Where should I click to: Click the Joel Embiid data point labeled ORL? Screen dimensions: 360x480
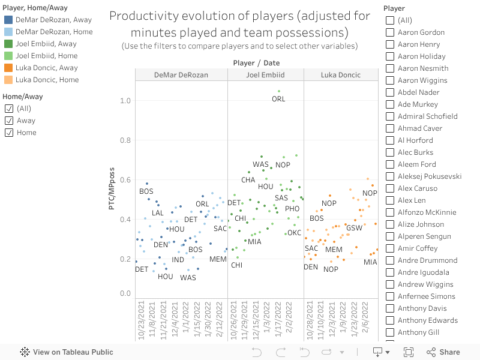(x=279, y=92)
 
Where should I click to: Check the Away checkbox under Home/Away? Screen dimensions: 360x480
(x=9, y=121)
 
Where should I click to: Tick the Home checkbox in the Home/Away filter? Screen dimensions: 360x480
(x=9, y=133)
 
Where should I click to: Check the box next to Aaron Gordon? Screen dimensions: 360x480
(x=390, y=32)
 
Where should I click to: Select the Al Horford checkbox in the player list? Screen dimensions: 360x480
(x=390, y=140)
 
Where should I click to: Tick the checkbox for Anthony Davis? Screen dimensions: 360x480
(x=390, y=308)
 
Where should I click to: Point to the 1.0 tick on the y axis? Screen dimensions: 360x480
(x=125, y=100)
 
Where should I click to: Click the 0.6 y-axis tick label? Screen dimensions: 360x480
(x=125, y=180)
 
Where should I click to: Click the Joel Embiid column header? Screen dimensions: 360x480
(x=265, y=75)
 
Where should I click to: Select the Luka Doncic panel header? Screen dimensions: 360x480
(x=341, y=75)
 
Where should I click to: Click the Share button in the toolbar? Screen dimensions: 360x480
(x=443, y=352)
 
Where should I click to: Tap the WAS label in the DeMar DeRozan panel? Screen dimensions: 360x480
(x=188, y=278)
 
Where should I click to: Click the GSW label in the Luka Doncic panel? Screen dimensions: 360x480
(x=354, y=228)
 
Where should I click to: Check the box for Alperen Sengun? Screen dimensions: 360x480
(x=390, y=236)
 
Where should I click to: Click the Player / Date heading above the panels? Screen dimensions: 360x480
(x=256, y=63)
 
